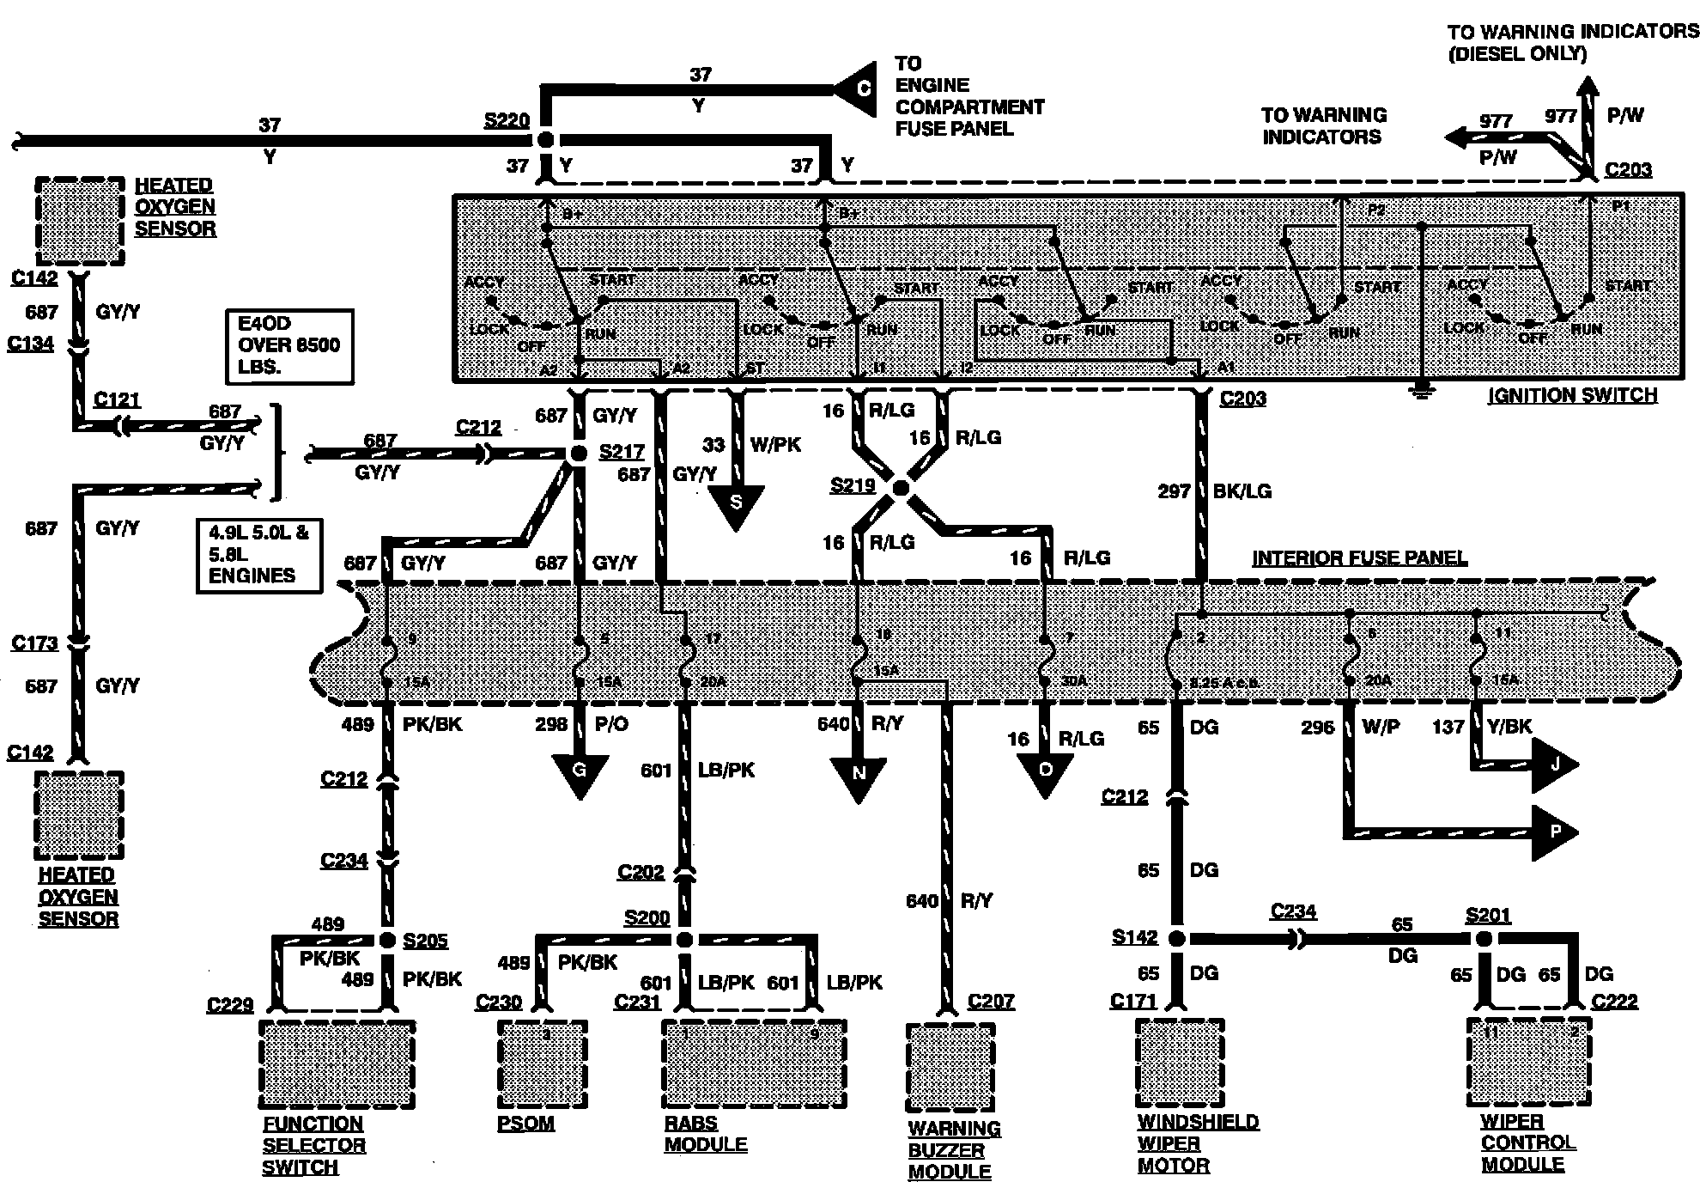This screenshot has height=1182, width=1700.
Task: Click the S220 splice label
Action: (x=507, y=120)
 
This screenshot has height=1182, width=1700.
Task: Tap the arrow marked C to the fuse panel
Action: (x=859, y=89)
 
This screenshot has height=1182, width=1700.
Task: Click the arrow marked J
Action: (x=1555, y=763)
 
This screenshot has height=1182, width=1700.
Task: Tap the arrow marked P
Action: (x=1555, y=832)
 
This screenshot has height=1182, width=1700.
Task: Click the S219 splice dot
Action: (x=901, y=488)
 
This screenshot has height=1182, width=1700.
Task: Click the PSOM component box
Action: (x=543, y=1063)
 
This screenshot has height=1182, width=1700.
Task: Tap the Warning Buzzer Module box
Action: (x=950, y=1066)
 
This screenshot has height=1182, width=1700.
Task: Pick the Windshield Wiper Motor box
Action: (x=1180, y=1063)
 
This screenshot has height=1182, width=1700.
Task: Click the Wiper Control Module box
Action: (x=1528, y=1063)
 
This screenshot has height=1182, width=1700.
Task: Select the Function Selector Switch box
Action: (x=337, y=1064)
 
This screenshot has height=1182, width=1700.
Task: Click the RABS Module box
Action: (x=753, y=1063)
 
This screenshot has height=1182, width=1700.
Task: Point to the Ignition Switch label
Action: (x=1572, y=395)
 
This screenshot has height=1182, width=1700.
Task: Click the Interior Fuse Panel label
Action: (x=1359, y=557)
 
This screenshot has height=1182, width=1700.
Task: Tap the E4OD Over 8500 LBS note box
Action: (x=289, y=345)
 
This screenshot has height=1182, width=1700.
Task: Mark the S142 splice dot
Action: (x=1177, y=938)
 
